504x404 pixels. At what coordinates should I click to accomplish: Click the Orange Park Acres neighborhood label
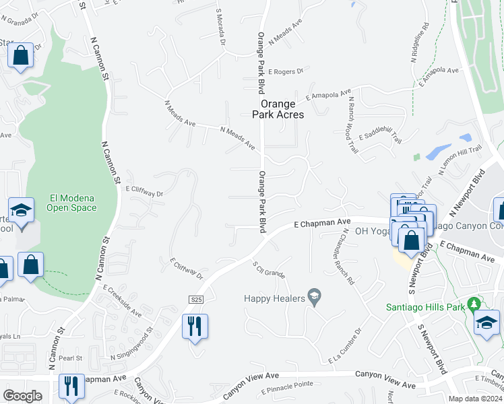tap(278, 109)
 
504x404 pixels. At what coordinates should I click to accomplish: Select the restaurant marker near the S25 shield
tap(195, 327)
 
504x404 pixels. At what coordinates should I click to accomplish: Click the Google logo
tap(22, 396)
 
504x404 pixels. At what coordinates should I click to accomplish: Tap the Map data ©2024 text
tap(475, 399)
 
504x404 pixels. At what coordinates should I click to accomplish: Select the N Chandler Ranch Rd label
tap(346, 257)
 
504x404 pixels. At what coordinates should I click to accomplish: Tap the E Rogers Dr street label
tap(286, 71)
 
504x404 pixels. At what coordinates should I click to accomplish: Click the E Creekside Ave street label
tap(122, 300)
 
